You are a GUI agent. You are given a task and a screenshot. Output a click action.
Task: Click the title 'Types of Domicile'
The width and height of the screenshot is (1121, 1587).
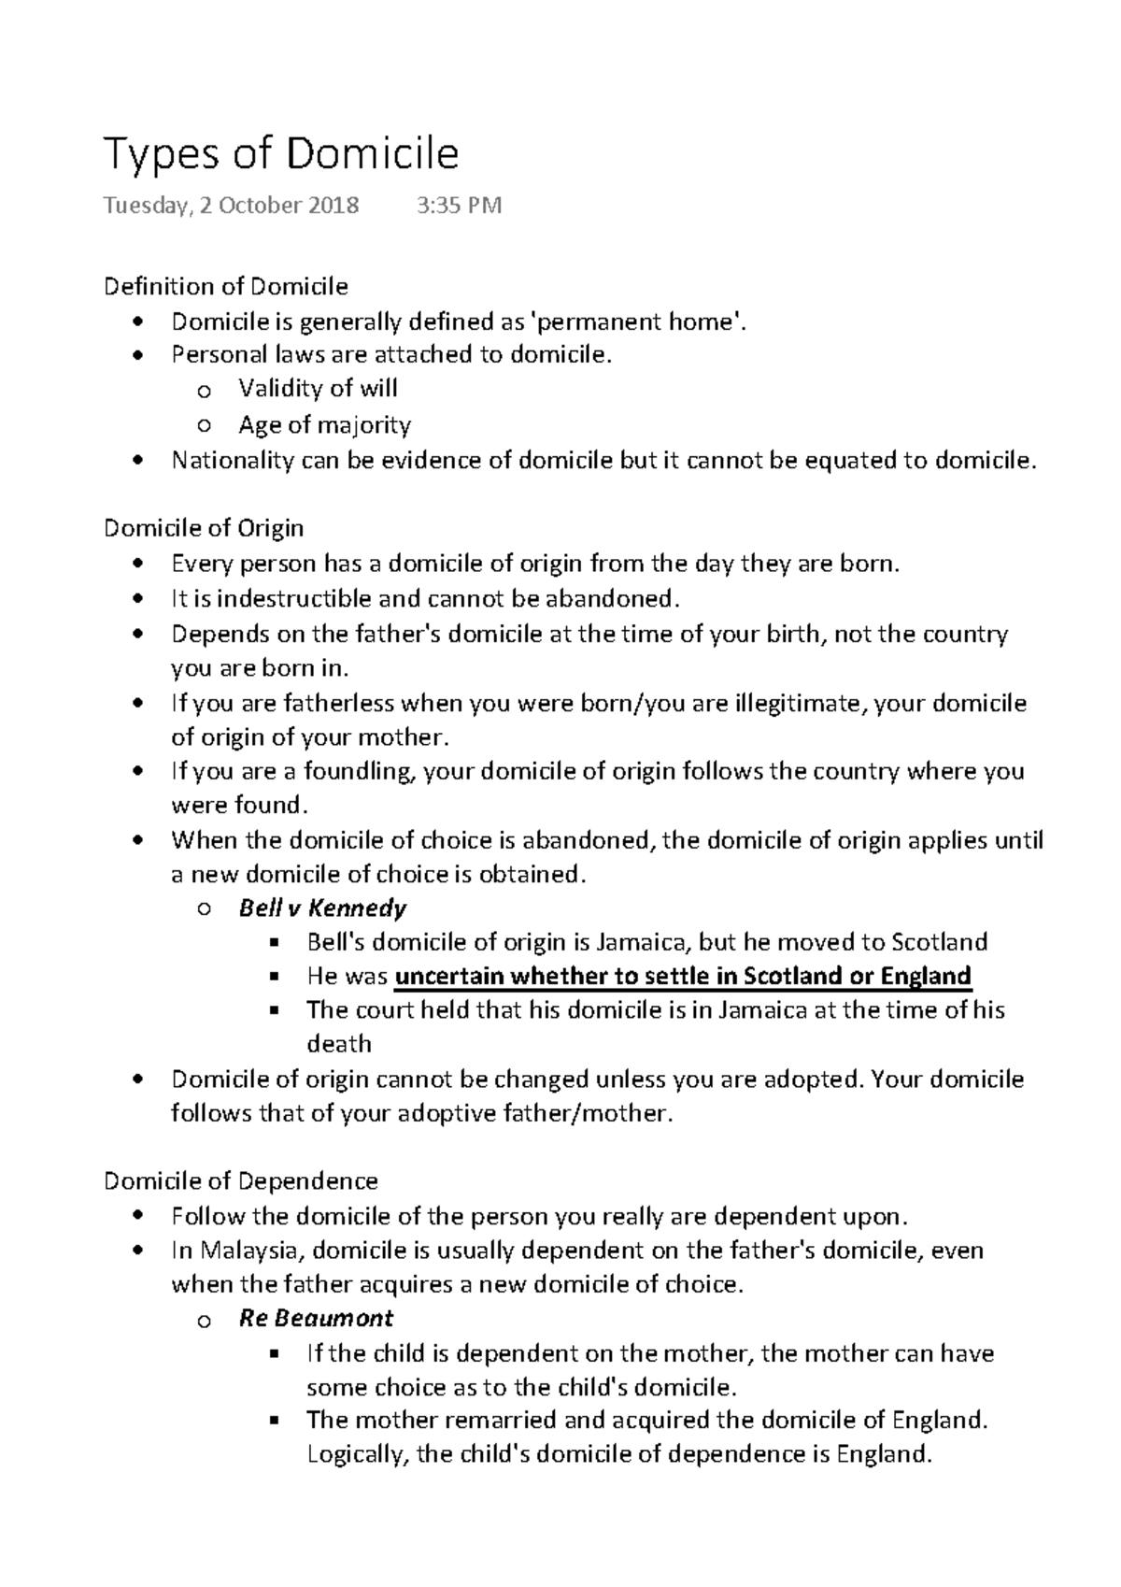point(281,154)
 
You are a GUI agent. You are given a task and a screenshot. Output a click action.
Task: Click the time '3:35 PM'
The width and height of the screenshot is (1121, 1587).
point(459,206)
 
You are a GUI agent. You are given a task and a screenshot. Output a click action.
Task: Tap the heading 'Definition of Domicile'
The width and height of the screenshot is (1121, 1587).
point(225,286)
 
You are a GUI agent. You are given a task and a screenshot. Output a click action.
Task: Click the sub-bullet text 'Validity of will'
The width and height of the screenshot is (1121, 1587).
point(318,388)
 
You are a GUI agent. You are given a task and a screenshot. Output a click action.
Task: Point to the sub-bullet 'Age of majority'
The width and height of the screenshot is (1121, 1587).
point(324,425)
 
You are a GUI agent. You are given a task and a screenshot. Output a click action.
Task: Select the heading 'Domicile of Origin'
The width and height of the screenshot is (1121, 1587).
point(204,528)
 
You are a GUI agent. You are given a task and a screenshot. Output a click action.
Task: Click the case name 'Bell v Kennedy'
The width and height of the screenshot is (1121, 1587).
point(322,908)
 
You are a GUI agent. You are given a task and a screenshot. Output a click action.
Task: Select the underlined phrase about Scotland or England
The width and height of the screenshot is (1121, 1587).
point(683,977)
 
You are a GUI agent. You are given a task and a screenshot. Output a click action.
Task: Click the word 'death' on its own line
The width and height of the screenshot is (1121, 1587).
point(339,1044)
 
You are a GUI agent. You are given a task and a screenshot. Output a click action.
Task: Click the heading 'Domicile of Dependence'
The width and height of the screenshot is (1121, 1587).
point(240,1181)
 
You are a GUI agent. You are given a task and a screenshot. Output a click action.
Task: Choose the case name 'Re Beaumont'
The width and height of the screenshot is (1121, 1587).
point(316,1319)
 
